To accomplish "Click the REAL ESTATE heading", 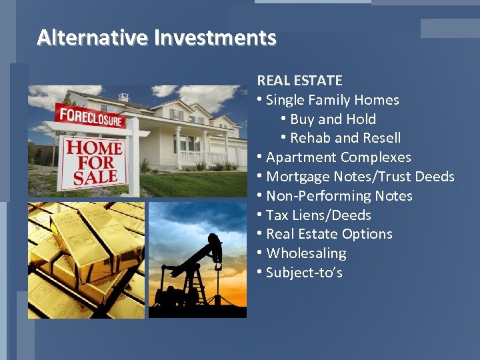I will pos(299,81).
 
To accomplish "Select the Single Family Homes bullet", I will pos(332,100).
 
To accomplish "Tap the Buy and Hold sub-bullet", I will pos(333,119).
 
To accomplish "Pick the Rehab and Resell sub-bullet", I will pos(345,138).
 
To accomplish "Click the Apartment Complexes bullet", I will pos(338,157).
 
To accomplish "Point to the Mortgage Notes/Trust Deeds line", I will pos(360,177).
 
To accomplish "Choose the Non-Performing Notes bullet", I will pos(339,196).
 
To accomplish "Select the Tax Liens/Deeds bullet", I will pos(318,215).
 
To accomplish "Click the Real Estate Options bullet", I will pos(329,234).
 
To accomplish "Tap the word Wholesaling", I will pos(306,253).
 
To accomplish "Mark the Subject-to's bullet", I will pos(304,273).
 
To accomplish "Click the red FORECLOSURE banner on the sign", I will pos(91,117).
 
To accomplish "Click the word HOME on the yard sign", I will pos(94,146).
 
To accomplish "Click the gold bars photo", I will pos(86,260).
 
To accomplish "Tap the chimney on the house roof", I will pos(123,97).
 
